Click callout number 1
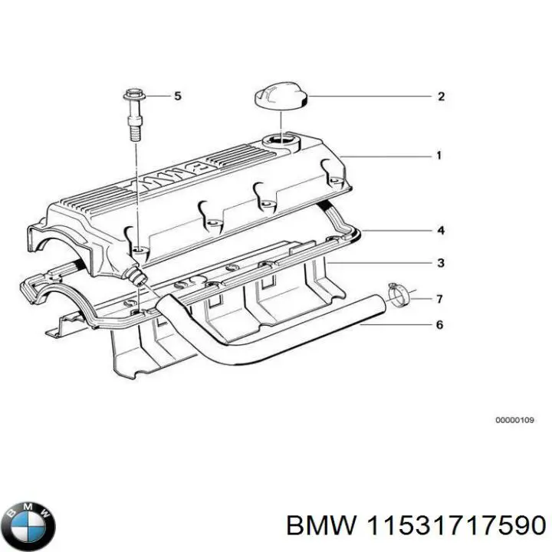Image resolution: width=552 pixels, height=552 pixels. [439, 156]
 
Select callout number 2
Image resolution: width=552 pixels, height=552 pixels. [441, 97]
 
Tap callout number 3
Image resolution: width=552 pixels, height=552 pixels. [440, 264]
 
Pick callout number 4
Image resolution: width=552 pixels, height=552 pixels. [440, 230]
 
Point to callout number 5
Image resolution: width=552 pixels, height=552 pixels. [178, 96]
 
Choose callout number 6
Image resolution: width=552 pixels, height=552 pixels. [439, 325]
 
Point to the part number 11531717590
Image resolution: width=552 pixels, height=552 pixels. [458, 524]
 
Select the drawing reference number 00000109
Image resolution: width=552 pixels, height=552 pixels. [514, 421]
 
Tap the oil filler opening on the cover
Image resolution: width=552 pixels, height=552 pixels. [277, 140]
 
